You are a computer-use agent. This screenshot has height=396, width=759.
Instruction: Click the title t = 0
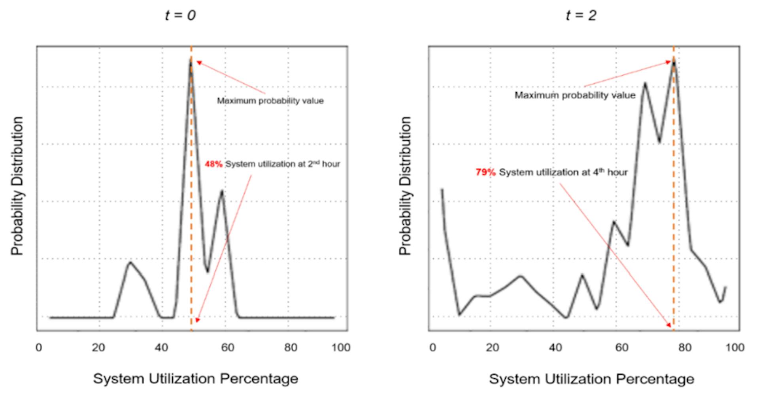coord(180,15)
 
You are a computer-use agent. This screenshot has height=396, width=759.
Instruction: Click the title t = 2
coord(581,15)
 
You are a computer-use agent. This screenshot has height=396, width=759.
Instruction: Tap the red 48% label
coord(213,164)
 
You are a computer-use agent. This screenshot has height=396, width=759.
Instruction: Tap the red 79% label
coord(485,172)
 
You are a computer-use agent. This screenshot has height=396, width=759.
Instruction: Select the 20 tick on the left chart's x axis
coord(98,348)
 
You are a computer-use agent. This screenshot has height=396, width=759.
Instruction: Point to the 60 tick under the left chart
coord(228,348)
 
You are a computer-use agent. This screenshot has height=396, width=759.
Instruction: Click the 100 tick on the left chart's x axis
coord(341,348)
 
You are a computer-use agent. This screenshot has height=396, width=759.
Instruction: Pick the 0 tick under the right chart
coord(432,348)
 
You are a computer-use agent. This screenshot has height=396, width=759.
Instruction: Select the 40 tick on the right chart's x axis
coord(555,348)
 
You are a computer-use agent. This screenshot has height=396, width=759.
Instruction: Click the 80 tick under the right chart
coord(685,348)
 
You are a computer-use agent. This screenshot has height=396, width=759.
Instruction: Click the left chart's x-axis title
coord(196,379)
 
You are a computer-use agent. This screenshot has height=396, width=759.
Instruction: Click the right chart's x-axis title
coord(591,379)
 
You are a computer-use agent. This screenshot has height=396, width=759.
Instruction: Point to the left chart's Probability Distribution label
coord(17,186)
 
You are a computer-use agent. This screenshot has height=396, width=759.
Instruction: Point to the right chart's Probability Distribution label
coord(405,186)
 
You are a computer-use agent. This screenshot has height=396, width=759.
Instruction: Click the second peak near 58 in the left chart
coord(222,191)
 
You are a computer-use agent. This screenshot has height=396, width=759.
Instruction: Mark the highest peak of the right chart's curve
coord(674,60)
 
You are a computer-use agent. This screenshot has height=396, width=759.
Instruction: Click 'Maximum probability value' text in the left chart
coord(270,101)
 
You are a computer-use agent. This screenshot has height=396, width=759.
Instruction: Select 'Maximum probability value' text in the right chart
coord(575,95)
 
